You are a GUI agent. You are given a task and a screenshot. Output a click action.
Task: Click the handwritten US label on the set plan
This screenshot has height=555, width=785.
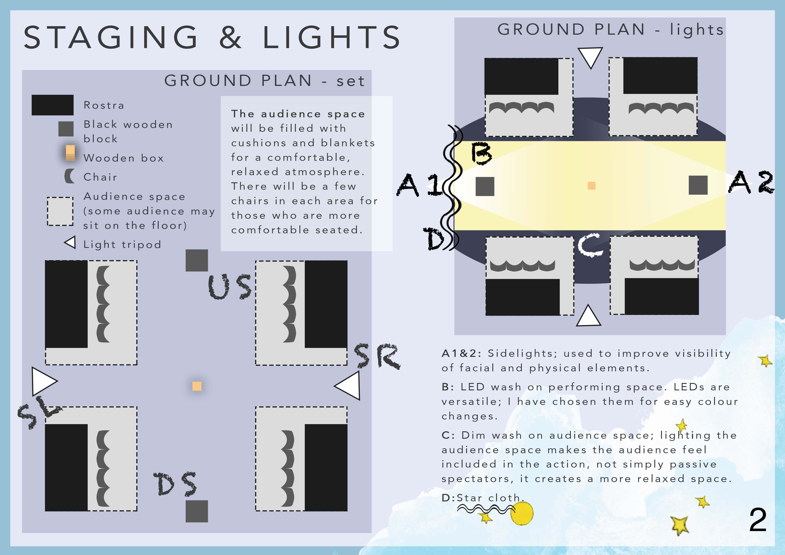click(230, 287)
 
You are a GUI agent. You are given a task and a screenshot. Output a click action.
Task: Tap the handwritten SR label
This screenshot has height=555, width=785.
click(377, 356)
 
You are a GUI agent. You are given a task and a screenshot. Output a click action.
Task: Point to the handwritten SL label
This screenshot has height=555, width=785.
click(39, 412)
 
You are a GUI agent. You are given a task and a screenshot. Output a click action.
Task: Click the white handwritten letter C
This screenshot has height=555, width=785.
click(591, 245)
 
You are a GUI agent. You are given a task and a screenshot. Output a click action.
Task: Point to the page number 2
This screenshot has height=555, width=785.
click(758, 520)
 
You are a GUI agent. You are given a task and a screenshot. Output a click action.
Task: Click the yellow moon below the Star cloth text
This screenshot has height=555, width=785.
click(522, 513)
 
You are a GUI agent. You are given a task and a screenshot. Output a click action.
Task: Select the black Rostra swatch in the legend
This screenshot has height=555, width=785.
click(52, 105)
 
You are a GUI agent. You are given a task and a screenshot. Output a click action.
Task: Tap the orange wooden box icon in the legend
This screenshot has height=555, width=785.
click(70, 152)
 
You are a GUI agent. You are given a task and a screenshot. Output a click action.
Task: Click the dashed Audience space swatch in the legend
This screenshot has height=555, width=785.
click(60, 211)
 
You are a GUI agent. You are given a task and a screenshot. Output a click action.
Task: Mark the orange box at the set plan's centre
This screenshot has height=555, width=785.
click(197, 386)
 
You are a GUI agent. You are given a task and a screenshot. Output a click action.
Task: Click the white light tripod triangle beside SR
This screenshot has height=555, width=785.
click(347, 386)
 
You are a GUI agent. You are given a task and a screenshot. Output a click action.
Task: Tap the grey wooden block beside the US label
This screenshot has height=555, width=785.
click(197, 260)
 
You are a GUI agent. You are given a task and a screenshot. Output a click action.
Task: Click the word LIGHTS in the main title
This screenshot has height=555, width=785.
click(331, 37)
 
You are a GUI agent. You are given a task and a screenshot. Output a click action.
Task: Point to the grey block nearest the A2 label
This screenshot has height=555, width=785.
click(698, 185)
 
